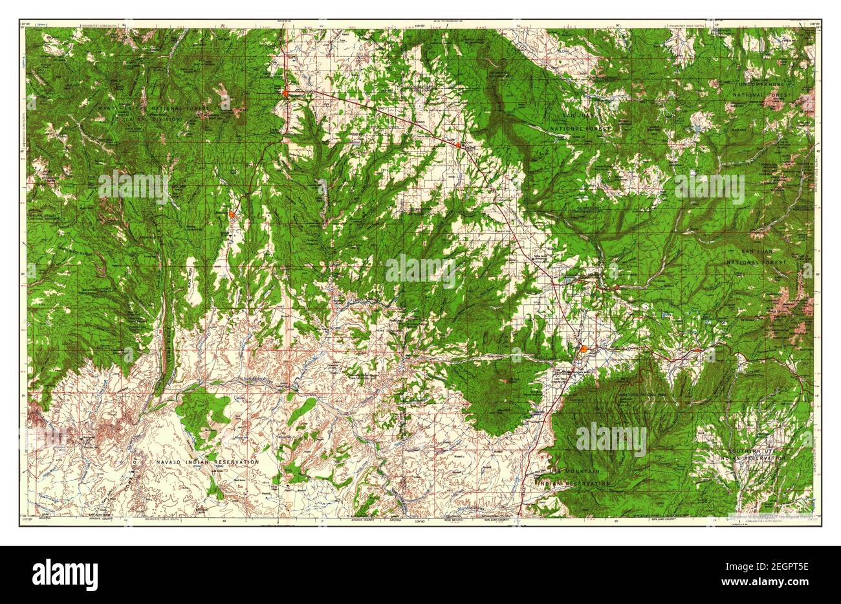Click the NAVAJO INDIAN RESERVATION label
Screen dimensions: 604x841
tap(207, 462)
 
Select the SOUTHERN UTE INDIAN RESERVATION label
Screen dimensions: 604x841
tap(752, 454)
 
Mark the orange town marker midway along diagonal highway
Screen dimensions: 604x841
tap(458, 145)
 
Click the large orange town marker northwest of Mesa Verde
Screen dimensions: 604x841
tap(584, 350)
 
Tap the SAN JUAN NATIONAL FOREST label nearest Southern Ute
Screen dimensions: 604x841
tap(756, 256)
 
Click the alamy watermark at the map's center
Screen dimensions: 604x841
tap(420, 271)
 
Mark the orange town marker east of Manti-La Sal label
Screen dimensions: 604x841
tap(285, 93)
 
